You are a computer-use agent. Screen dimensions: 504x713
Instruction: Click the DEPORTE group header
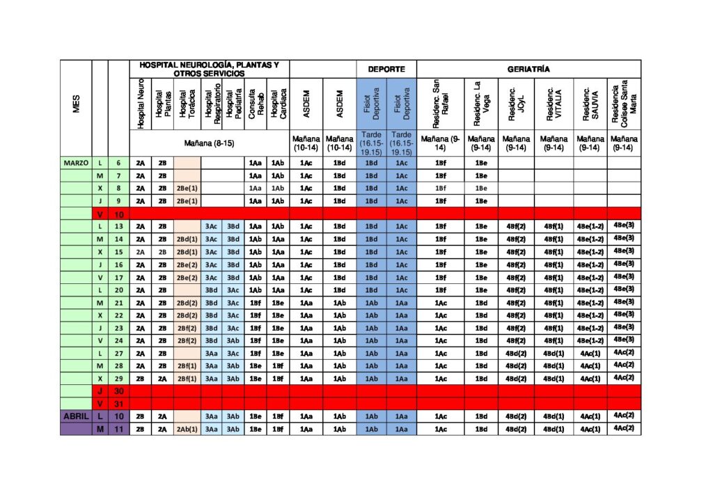tap(386, 69)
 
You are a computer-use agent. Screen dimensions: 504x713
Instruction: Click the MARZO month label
tap(76, 163)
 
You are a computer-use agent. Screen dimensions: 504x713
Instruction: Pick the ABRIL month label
tap(76, 416)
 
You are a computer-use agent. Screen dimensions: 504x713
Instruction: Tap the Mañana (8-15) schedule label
tap(209, 143)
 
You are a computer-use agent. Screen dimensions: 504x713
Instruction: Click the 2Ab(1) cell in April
tap(187, 429)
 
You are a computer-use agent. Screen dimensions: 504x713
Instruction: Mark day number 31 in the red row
tap(118, 403)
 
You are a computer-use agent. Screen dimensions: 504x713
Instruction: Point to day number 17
tap(118, 277)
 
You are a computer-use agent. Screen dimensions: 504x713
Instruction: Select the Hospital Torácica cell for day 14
tap(187, 239)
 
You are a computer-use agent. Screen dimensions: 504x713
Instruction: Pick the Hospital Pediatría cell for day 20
tap(233, 290)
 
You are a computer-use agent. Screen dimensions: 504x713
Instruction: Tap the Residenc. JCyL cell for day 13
tap(516, 226)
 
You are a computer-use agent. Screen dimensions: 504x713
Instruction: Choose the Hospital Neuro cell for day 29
tap(141, 378)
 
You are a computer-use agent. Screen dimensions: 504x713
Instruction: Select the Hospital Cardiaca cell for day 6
tap(278, 163)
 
